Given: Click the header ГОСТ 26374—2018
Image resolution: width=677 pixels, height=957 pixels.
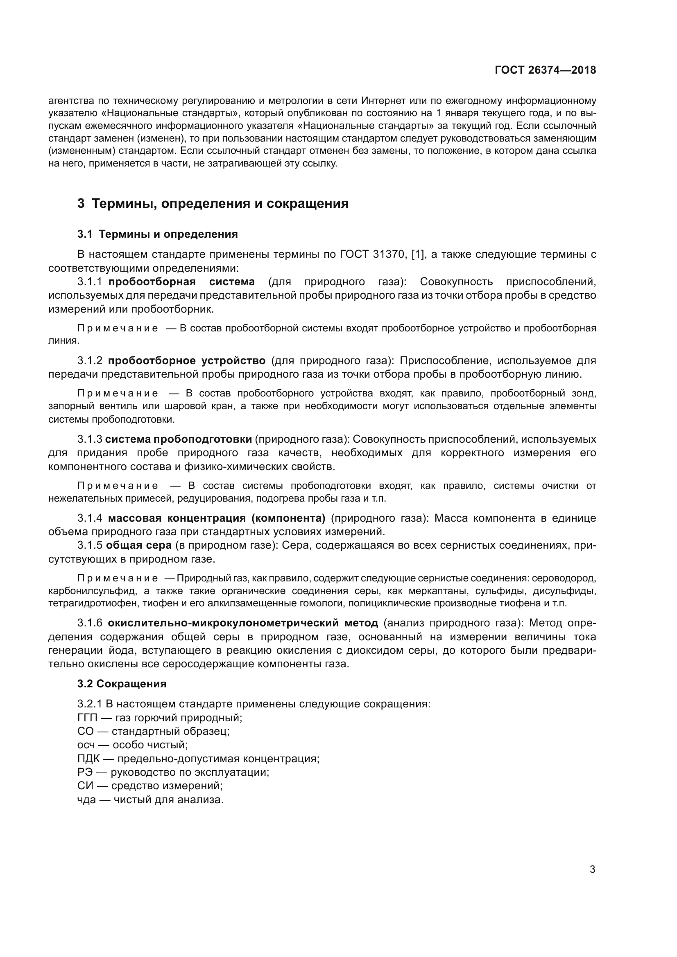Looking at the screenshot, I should pos(545,70).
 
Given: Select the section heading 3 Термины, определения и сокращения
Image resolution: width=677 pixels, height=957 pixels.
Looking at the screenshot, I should pos(213,204).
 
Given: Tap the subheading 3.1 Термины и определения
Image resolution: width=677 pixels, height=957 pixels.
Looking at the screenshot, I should pos(157,234).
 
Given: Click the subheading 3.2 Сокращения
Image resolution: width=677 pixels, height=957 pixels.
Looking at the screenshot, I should pos(122,684).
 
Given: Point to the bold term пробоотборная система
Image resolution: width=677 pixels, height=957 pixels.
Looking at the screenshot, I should pos(181,282).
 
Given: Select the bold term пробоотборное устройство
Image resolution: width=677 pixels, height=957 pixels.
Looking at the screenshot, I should pos(186,360).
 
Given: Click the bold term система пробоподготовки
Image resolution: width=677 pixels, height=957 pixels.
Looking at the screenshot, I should pos(179,439).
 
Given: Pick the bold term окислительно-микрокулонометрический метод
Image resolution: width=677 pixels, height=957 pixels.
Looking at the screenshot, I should pos(242,623).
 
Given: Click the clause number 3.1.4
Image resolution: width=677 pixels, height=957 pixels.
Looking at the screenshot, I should pos(90,518).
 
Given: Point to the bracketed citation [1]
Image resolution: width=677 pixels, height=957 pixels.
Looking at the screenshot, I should pos(418,254).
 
